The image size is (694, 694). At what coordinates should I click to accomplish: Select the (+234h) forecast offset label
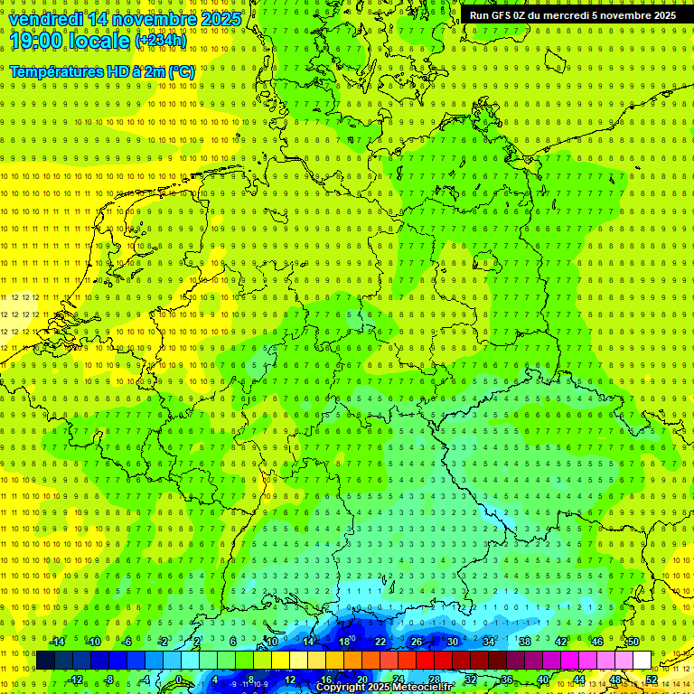pyautogui.click(x=161, y=41)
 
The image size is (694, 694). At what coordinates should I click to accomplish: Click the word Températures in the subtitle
pyautogui.click(x=55, y=70)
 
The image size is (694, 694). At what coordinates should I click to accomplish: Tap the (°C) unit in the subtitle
pyautogui.click(x=181, y=70)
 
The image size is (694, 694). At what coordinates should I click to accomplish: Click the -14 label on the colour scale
pyautogui.click(x=57, y=642)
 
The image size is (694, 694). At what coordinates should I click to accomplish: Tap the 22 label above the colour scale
pyautogui.click(x=380, y=642)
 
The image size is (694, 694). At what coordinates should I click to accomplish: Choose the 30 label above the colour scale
pyautogui.click(x=453, y=642)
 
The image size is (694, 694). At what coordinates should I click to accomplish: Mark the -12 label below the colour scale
pyautogui.click(x=76, y=680)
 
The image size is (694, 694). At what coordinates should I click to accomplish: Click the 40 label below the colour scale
pyautogui.click(x=543, y=680)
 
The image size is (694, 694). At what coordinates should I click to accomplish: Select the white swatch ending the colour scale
pyautogui.click(x=642, y=661)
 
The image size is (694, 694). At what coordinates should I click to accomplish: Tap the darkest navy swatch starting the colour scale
pyautogui.click(x=45, y=661)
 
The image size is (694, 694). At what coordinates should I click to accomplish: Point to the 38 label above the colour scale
pyautogui.click(x=525, y=642)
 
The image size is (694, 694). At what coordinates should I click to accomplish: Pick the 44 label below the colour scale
pyautogui.click(x=579, y=680)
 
